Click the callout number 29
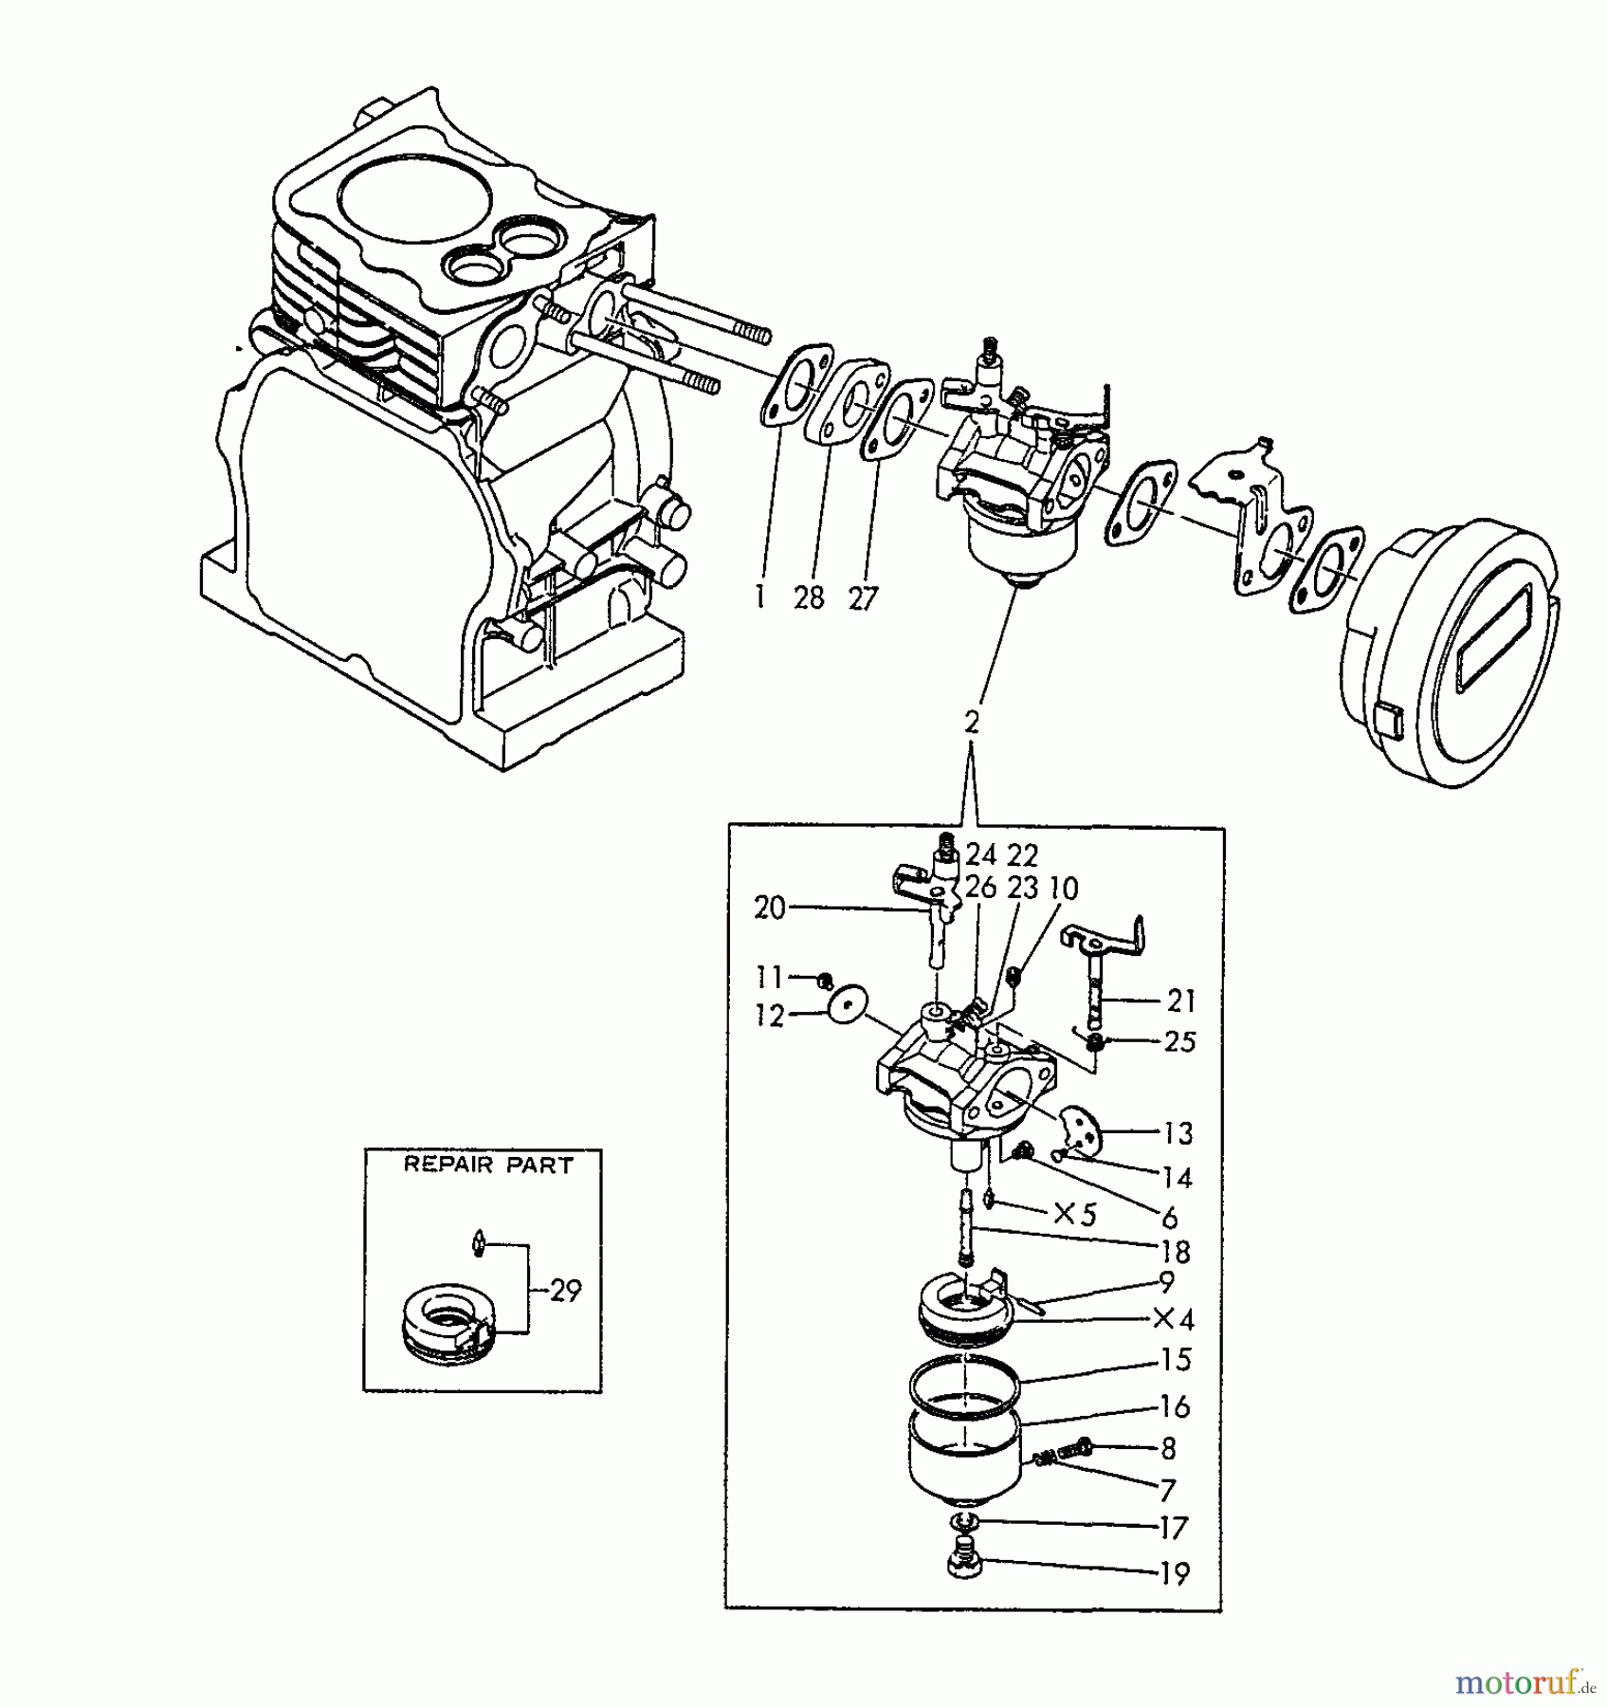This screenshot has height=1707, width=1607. coord(565,1291)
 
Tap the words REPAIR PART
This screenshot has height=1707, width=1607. coord(488,1166)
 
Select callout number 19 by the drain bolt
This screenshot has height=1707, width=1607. coord(1174,1574)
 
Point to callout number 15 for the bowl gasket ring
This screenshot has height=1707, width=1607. coord(1175,1360)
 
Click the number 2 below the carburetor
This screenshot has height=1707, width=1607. coord(971,722)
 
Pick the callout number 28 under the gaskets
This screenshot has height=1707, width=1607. coord(809,598)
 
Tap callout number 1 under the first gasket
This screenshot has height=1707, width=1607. coord(758,598)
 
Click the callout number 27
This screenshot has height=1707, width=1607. coord(862,598)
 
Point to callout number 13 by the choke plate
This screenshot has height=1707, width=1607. coord(1177,1133)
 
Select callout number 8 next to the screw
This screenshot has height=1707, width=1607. coord(1168,1448)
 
